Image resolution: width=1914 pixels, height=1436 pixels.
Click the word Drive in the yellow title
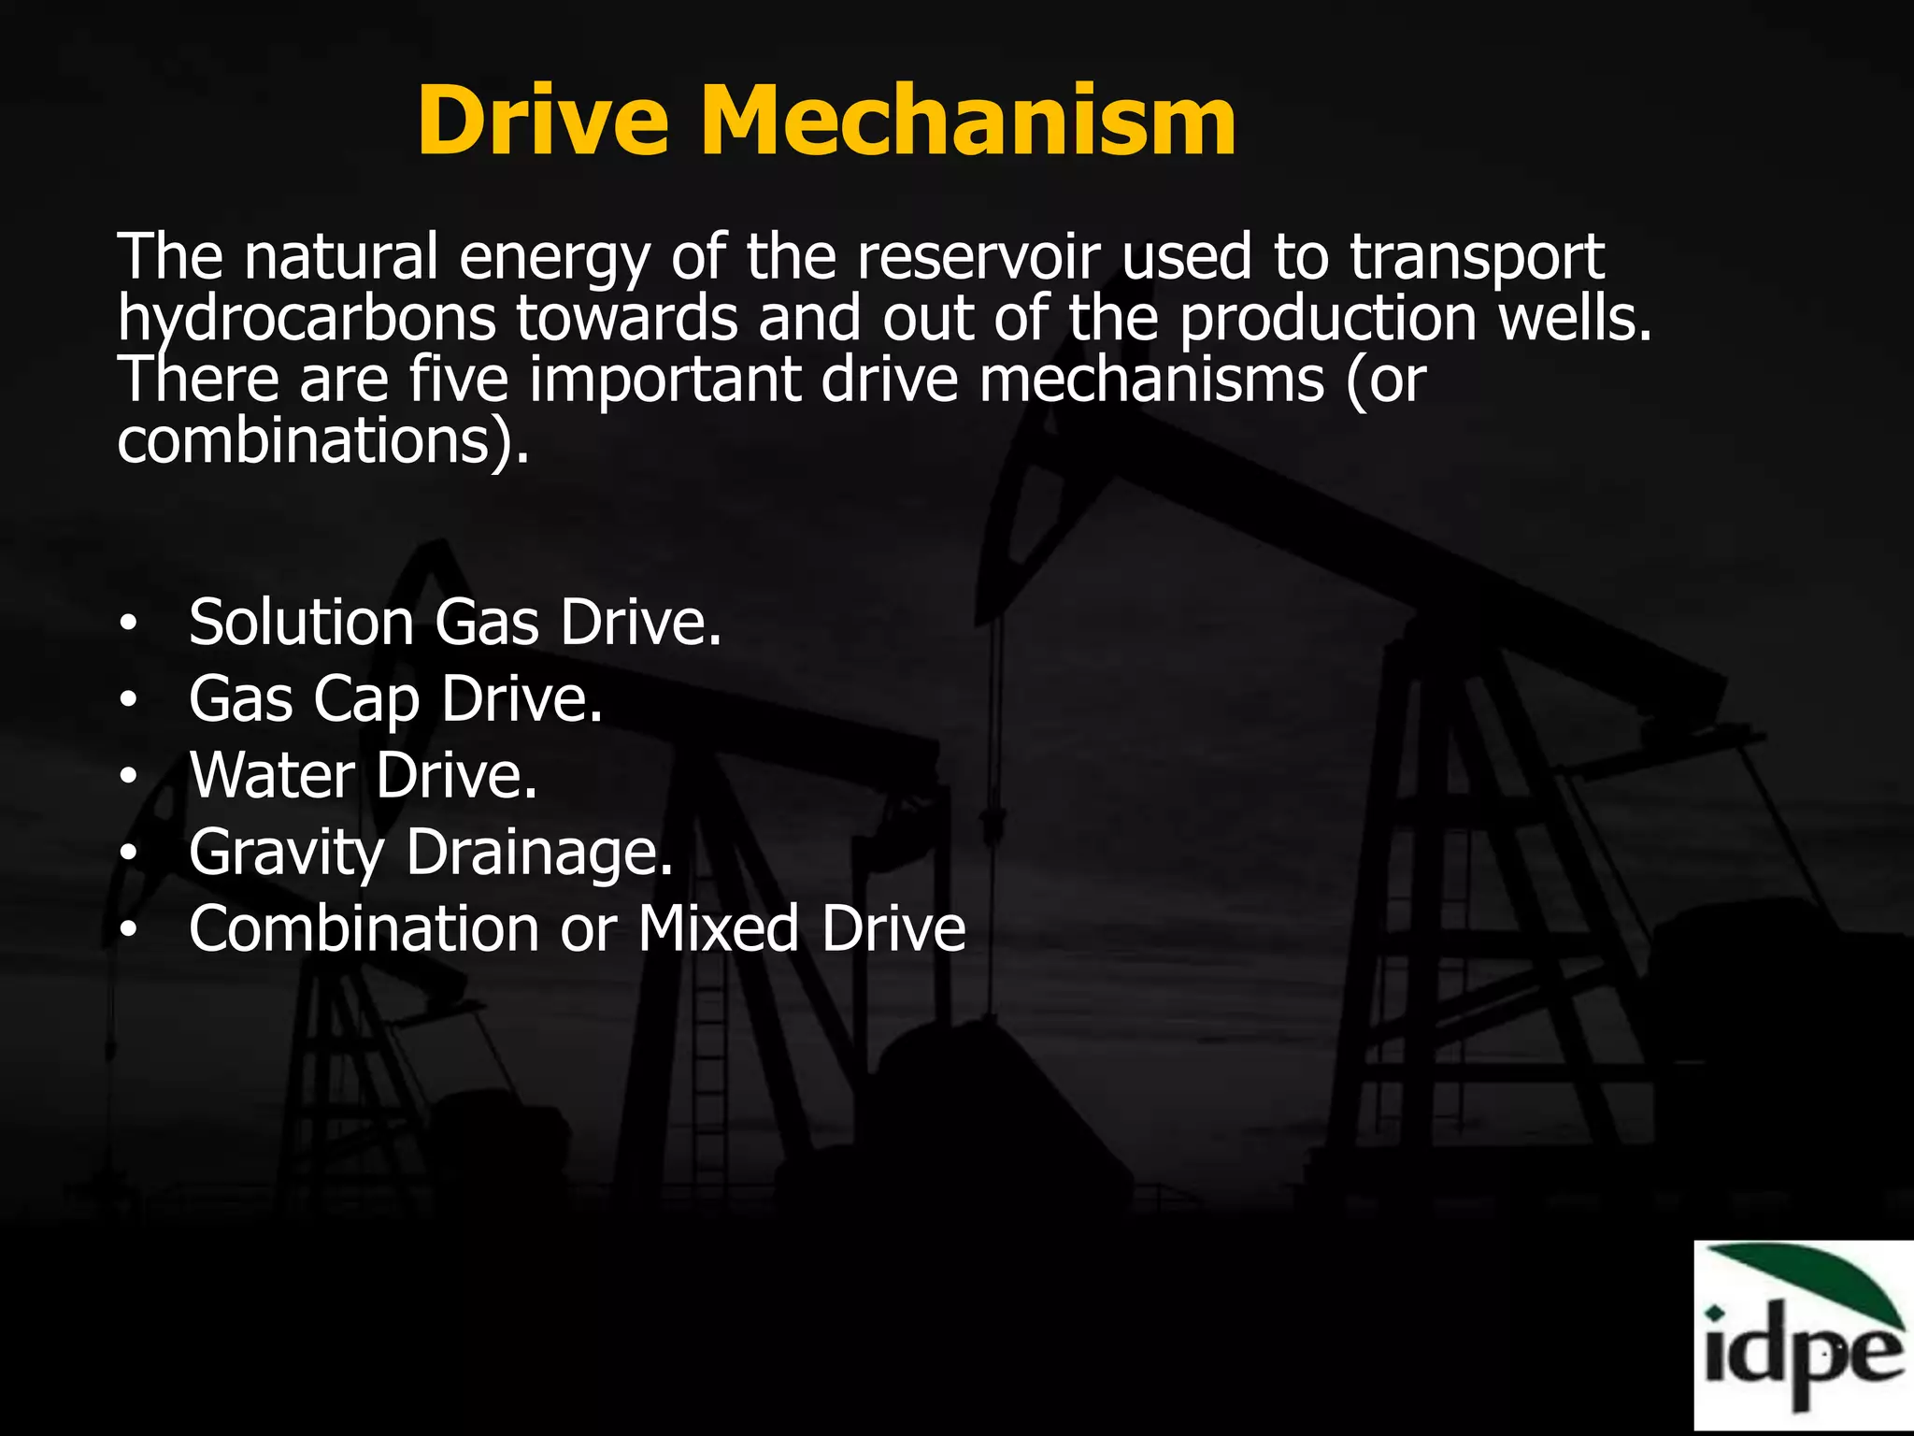click(542, 122)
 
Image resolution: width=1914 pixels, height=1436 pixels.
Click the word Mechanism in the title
click(967, 122)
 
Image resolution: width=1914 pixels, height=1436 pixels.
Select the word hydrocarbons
click(307, 320)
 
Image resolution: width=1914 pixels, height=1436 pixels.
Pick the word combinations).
click(322, 441)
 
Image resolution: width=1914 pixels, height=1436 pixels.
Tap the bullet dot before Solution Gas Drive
click(129, 624)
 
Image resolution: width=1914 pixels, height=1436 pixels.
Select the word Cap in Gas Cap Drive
click(366, 701)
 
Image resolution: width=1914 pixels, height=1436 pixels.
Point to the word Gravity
click(286, 854)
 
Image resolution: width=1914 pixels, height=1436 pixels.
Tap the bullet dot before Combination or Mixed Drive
click(129, 929)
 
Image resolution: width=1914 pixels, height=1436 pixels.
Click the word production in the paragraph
click(1327, 320)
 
